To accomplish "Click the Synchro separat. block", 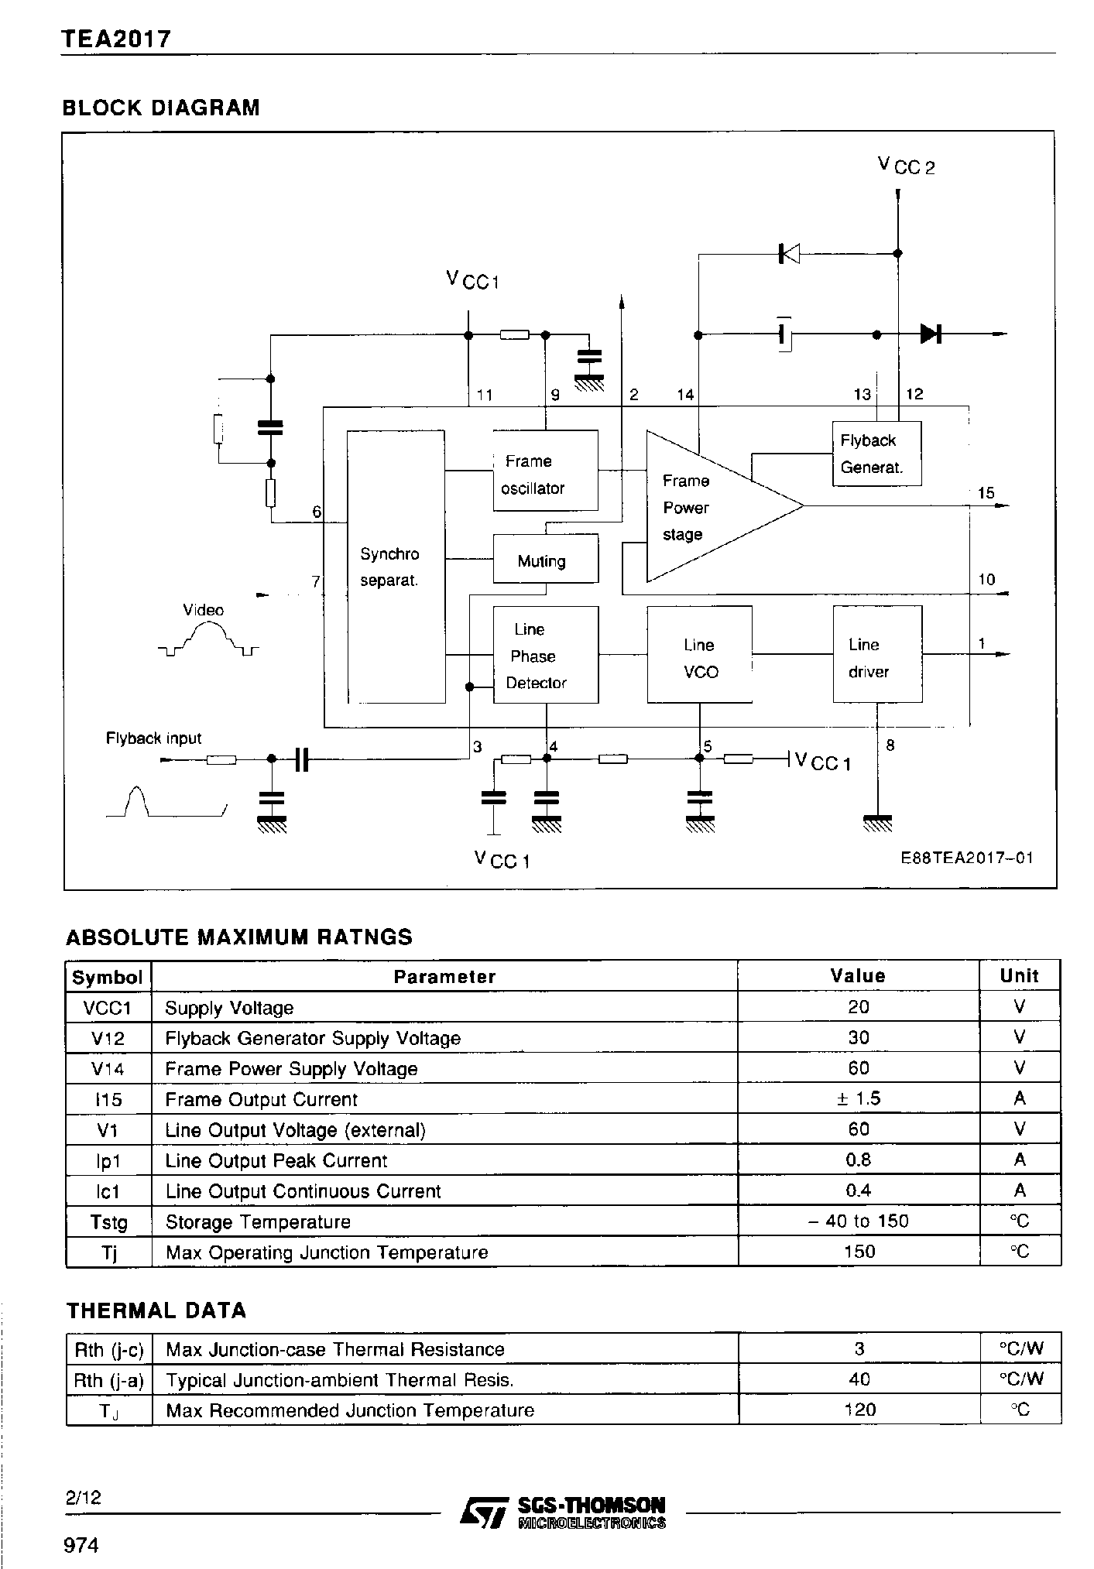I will (x=396, y=567).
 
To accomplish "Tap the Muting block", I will (x=545, y=558).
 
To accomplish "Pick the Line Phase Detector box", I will (x=545, y=655).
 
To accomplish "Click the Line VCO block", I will (x=699, y=655).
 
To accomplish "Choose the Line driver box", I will (x=876, y=655).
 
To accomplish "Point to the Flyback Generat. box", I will (x=876, y=454).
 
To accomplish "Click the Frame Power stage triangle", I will (x=697, y=507).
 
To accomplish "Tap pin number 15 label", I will (x=986, y=493).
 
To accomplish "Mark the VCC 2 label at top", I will (x=906, y=165).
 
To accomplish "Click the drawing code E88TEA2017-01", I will (x=966, y=858).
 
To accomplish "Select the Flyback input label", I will (x=153, y=738).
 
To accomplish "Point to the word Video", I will (x=203, y=610).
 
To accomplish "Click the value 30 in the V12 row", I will (x=859, y=1037).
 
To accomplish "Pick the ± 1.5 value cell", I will (x=859, y=1098).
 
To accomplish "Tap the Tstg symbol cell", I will (x=108, y=1221).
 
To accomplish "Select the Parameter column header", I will (x=444, y=976).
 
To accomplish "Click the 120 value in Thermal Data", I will (x=859, y=1410).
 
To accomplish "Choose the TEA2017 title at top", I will (x=116, y=39).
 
